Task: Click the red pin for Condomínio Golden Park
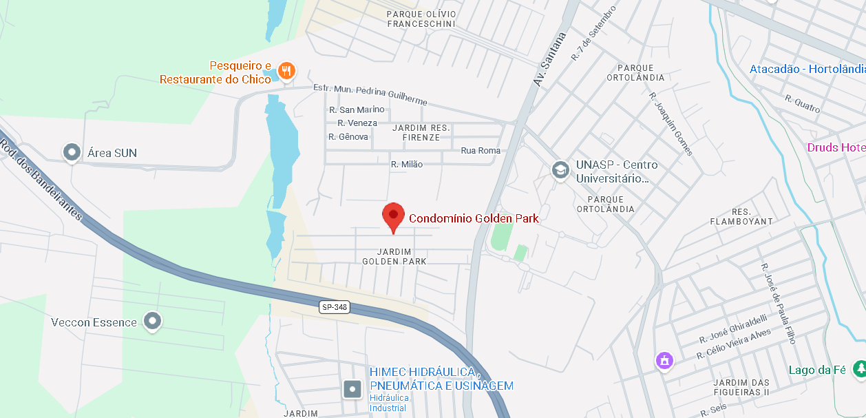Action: tap(393, 215)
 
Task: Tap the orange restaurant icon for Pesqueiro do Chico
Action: tap(287, 70)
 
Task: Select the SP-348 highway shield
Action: tap(335, 307)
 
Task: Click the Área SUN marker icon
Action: tap(72, 151)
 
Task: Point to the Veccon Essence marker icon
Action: tap(152, 320)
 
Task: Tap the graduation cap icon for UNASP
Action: tap(560, 169)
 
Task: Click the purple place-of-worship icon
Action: tap(664, 359)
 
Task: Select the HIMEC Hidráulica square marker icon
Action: tap(352, 389)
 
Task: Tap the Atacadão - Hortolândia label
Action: tap(807, 69)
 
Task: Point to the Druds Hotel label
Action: tap(836, 147)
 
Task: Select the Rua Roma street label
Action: tap(480, 150)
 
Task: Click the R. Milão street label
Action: tap(407, 164)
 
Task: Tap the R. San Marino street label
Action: tap(357, 109)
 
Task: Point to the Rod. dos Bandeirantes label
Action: tap(41, 180)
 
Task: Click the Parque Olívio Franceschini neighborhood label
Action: tap(421, 19)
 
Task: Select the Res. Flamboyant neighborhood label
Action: tap(743, 216)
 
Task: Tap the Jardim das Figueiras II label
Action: tap(741, 387)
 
